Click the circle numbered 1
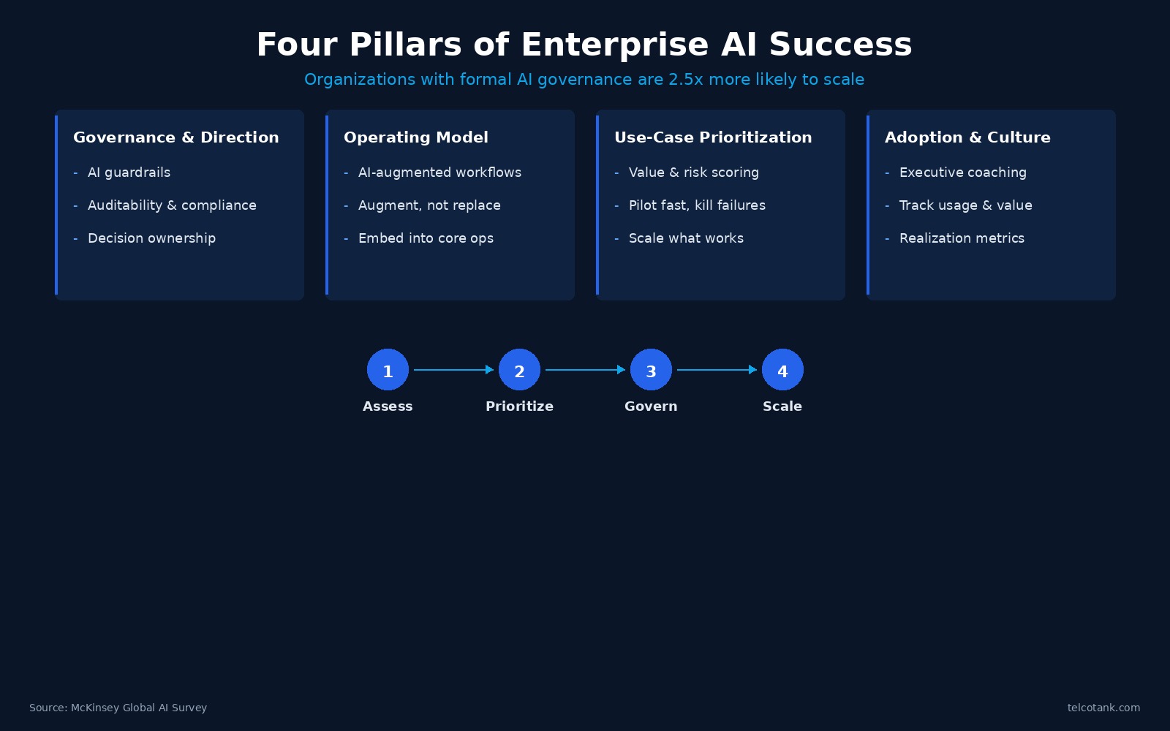pos(388,370)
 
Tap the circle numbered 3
pos(651,370)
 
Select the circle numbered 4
pos(782,370)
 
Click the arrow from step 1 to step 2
pos(453,370)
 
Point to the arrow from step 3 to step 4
pos(717,370)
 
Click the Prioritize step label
pos(519,406)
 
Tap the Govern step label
pos(651,406)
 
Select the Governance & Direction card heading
pos(176,137)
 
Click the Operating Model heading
pos(416,137)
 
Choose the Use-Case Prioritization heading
pos(713,137)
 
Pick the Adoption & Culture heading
pos(967,137)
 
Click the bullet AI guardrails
pos(129,173)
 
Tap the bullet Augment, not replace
pos(429,205)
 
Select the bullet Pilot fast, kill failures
pos(697,205)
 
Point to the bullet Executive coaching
pos(962,173)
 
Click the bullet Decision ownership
pos(151,238)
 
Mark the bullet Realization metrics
pos(962,238)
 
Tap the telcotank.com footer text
pos(1103,708)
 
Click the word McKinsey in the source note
pos(94,708)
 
